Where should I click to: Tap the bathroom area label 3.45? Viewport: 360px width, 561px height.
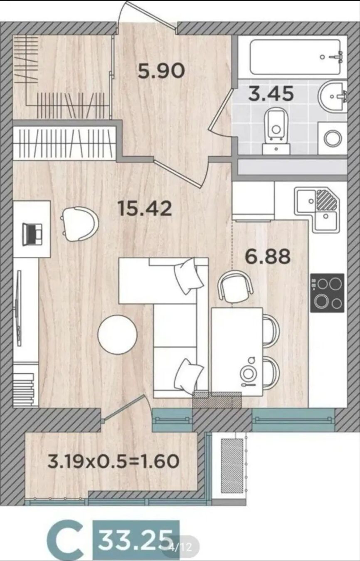click(271, 93)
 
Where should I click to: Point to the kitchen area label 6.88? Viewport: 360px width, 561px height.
click(268, 257)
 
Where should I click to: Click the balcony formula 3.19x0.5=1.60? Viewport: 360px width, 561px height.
click(113, 461)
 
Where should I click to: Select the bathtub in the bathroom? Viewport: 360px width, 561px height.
click(296, 57)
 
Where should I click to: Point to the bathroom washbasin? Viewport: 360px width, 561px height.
click(333, 96)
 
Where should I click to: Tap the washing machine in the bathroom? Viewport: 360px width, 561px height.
click(333, 138)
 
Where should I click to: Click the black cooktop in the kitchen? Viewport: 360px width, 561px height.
click(327, 293)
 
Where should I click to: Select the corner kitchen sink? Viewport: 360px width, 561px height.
click(318, 209)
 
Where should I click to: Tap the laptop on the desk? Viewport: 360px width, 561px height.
click(32, 235)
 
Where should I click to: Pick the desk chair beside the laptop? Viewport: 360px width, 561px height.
click(80, 224)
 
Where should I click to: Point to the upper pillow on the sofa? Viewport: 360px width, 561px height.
click(189, 276)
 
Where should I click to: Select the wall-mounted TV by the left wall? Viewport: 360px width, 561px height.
click(18, 308)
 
